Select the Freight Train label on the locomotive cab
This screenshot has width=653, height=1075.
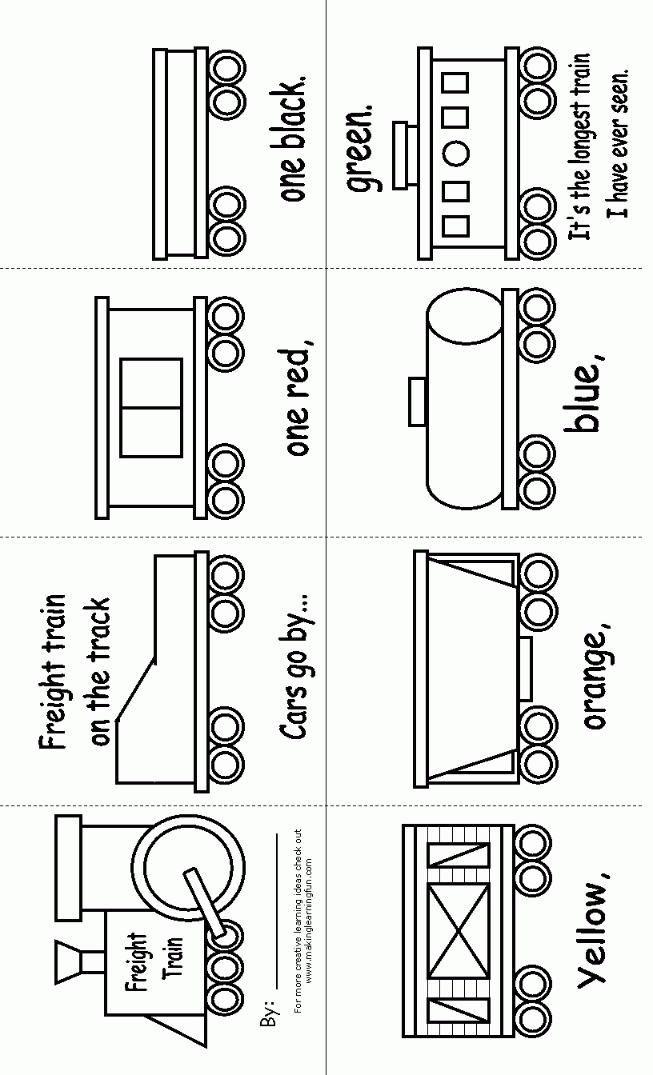[x=148, y=956]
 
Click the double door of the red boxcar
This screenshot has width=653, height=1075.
[x=151, y=408]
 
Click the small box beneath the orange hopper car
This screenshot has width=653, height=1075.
[x=526, y=668]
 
